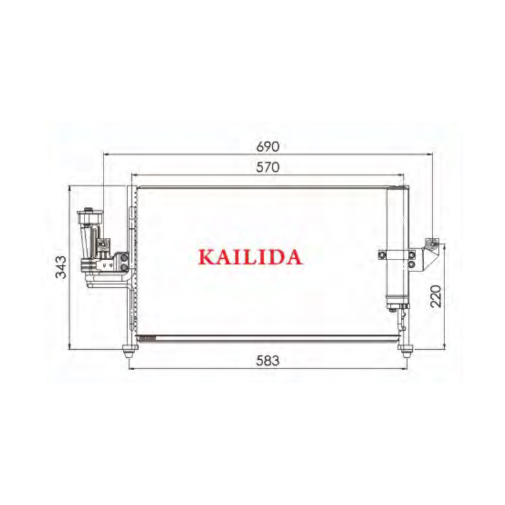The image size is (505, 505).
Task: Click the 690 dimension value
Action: pyautogui.click(x=268, y=147)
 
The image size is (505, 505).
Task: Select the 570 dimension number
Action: pyautogui.click(x=268, y=167)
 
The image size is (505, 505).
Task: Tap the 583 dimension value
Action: pyautogui.click(x=268, y=360)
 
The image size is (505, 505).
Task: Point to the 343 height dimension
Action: pyautogui.click(x=61, y=267)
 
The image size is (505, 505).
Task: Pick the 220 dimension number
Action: pyautogui.click(x=436, y=296)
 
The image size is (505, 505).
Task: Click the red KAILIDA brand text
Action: pyautogui.click(x=250, y=257)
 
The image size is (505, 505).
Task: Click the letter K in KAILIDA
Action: pyautogui.click(x=206, y=257)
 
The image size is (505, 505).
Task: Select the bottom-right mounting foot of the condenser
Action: pyautogui.click(x=405, y=351)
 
